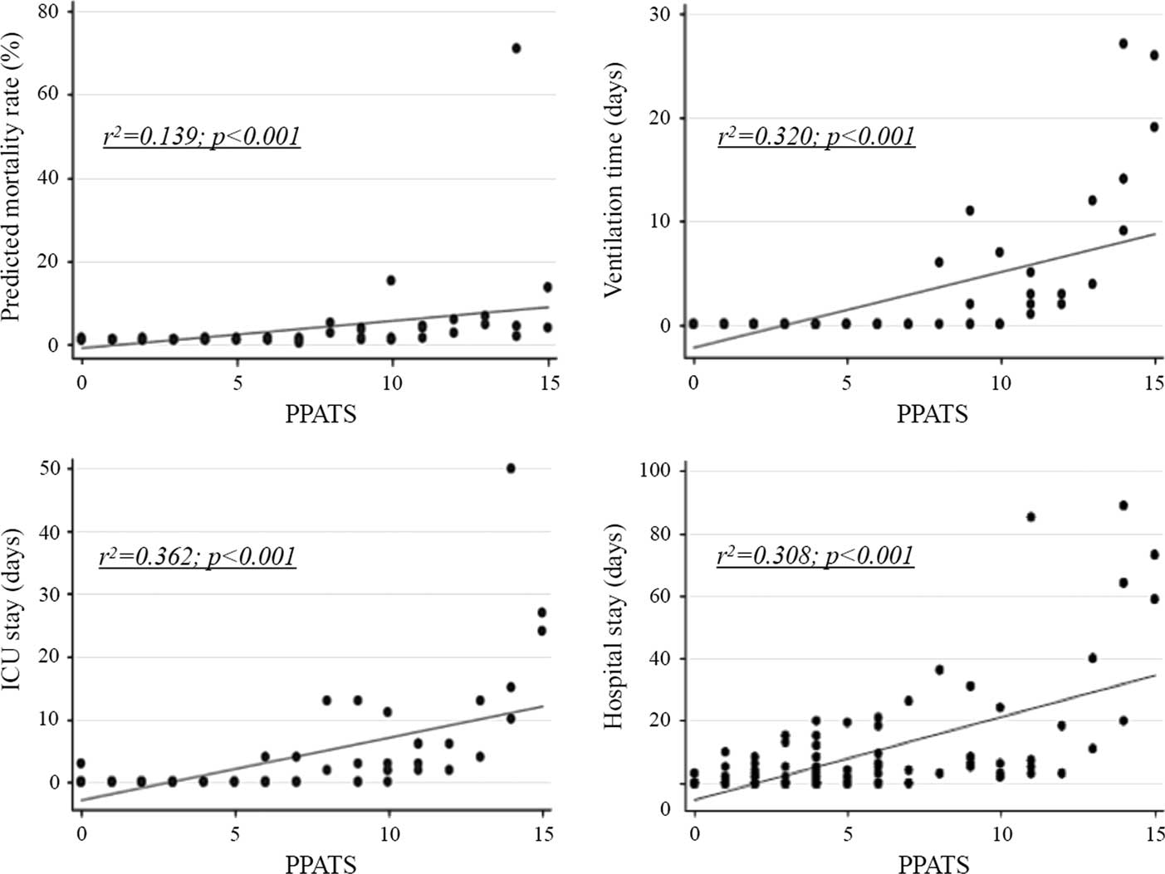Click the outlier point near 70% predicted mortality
tap(516, 48)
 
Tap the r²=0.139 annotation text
tap(201, 136)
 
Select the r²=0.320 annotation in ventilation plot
tap(815, 136)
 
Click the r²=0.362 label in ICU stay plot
tap(197, 556)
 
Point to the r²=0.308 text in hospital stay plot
tap(815, 555)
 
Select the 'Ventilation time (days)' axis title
tap(614, 179)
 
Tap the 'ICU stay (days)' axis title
tap(12, 628)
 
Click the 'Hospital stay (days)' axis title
tap(614, 627)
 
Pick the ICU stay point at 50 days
tap(511, 468)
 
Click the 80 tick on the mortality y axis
tap(48, 12)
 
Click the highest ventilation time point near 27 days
tap(1123, 43)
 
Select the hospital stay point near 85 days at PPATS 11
tap(1031, 516)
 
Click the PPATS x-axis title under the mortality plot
tap(321, 413)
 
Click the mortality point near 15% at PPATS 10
tap(391, 281)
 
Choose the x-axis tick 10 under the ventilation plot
tap(1001, 383)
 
